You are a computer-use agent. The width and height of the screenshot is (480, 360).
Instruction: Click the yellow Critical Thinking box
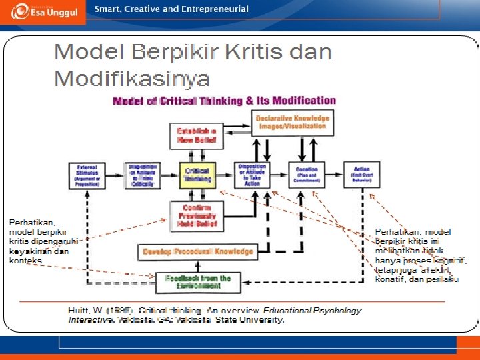[197, 175]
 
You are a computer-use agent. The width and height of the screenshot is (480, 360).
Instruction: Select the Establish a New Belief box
[197, 136]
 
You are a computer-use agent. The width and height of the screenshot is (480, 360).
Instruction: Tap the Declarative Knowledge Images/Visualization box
[292, 122]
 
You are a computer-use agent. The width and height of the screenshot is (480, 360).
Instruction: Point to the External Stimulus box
[87, 175]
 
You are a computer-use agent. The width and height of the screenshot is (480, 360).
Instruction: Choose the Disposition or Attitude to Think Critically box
[142, 175]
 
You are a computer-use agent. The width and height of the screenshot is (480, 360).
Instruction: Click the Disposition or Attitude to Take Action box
[251, 175]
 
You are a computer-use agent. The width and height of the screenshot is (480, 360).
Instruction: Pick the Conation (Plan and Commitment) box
[306, 175]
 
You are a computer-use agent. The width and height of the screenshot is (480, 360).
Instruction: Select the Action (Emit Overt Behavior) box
[361, 175]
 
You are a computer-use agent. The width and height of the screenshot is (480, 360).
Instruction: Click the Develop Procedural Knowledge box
[197, 252]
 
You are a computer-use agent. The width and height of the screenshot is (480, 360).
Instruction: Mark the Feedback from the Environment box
[198, 282]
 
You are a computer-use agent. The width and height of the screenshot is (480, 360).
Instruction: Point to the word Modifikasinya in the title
[131, 78]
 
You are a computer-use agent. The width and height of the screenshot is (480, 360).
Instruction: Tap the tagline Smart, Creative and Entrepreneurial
[171, 9]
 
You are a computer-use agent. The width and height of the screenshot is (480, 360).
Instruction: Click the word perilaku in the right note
[443, 279]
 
